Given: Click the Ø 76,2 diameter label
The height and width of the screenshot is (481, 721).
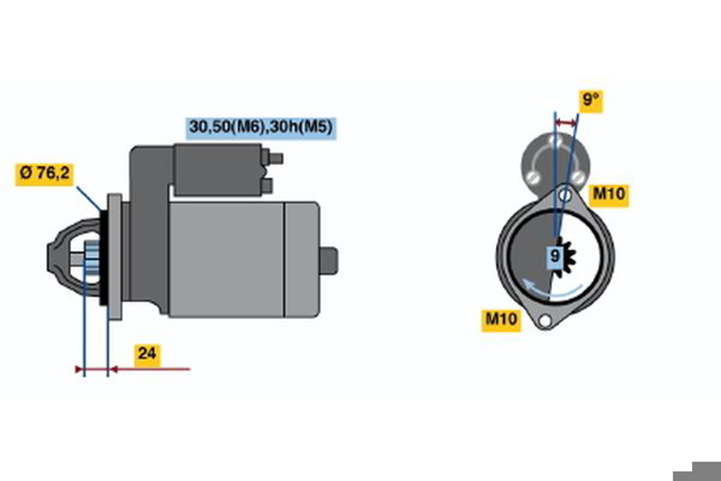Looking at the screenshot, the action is point(44,175).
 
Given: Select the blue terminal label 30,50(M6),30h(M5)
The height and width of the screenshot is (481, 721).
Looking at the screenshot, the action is point(261,129).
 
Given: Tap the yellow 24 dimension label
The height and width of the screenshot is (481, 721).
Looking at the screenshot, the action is point(147,356).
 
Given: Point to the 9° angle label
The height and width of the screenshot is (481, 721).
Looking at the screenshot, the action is point(591,102).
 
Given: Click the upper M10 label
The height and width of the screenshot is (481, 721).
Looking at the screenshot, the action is point(609,195).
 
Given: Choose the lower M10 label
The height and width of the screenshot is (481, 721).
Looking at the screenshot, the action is point(501,320).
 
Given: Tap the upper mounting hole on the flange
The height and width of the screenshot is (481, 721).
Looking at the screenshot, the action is point(565,195).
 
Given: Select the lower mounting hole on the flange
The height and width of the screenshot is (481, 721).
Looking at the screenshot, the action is point(545,321).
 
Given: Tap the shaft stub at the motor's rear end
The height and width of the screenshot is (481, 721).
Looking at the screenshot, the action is point(329,260).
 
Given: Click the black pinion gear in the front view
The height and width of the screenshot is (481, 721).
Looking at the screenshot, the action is point(566,257).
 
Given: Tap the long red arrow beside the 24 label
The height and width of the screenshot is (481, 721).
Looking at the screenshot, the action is point(150,369).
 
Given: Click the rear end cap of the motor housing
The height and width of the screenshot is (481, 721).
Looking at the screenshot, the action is point(302,259).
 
